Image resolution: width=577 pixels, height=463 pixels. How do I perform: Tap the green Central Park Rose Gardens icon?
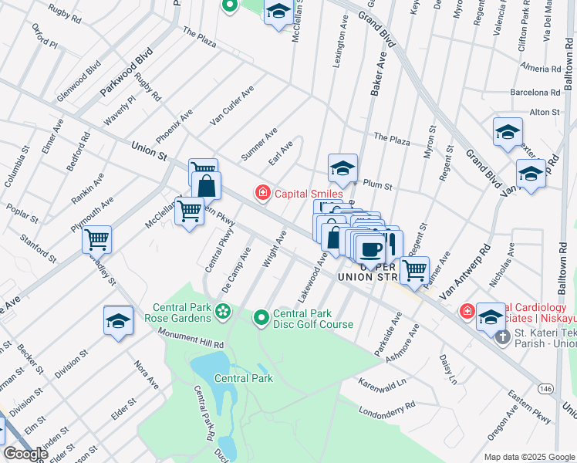click(223, 311)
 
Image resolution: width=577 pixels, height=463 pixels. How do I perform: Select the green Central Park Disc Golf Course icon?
click(262, 316)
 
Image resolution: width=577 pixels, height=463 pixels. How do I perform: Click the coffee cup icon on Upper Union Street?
click(370, 248)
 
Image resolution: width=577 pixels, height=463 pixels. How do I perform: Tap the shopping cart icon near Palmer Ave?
click(415, 269)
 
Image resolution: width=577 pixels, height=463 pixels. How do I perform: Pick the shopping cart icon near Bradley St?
click(97, 240)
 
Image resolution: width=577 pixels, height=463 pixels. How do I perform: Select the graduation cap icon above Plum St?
click(342, 167)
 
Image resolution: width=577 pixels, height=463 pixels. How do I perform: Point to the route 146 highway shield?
click(546, 387)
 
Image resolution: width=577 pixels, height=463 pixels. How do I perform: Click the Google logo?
click(26, 453)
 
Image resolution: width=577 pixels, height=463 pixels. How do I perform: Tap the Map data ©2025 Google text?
click(528, 456)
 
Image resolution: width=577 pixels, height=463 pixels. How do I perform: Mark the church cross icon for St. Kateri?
click(502, 336)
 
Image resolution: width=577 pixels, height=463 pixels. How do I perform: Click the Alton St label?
click(545, 113)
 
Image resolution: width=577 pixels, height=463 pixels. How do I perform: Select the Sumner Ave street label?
click(258, 146)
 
